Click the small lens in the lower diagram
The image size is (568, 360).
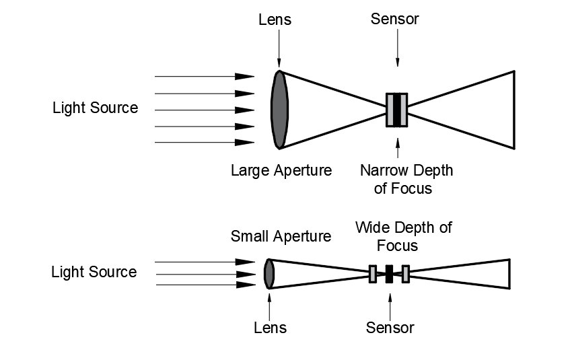coord(269,274)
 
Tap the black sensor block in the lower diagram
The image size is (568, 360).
coord(389,274)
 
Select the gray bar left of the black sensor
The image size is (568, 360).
coord(373,274)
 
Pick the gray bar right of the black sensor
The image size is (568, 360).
coord(405,274)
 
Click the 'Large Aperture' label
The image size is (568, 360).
coord(281,170)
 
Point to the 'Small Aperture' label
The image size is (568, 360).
coord(281,236)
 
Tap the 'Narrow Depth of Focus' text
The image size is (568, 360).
coord(406,179)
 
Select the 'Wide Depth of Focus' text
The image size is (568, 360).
coord(403,236)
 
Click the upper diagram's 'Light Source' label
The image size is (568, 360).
coord(95,108)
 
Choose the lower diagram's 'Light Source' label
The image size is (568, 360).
coord(94,273)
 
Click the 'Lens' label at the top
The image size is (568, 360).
coord(275,19)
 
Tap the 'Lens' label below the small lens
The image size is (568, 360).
coord(270,328)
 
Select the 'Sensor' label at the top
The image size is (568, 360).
coord(394,19)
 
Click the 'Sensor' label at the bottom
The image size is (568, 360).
coord(390,328)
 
